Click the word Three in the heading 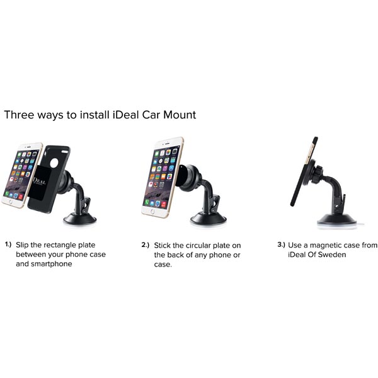pyautogui.click(x=20, y=115)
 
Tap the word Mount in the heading pyautogui.click(x=180, y=115)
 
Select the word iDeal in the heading pyautogui.click(x=125, y=115)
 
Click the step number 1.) pyautogui.click(x=8, y=244)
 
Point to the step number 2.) pyautogui.click(x=145, y=245)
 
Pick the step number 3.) pyautogui.click(x=281, y=244)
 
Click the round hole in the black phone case pyautogui.click(x=54, y=163)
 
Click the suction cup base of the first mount pyautogui.click(x=80, y=219)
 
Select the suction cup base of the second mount pyautogui.click(x=209, y=219)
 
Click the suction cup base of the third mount pyautogui.click(x=336, y=220)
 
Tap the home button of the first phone pyautogui.click(x=11, y=202)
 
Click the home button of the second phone pyautogui.click(x=152, y=212)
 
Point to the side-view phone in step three pyautogui.click(x=304, y=171)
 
